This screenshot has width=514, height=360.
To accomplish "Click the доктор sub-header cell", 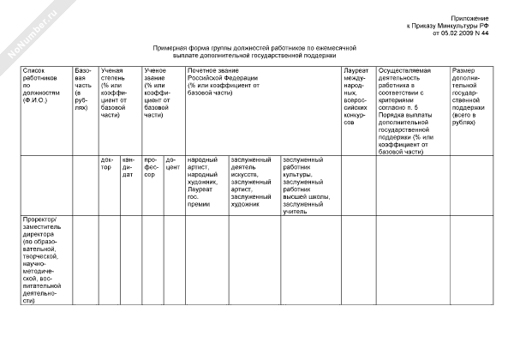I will pos(107,163).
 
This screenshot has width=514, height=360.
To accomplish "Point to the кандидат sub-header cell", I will pos(128,167).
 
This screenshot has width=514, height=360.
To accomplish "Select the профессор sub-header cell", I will pos(151,167).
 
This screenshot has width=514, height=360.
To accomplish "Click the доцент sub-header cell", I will pos(172,163).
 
